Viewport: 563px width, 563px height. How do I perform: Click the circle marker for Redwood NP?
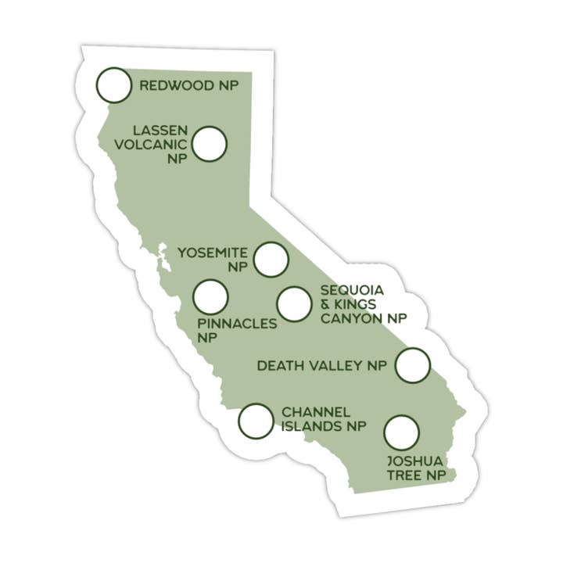tap(114, 86)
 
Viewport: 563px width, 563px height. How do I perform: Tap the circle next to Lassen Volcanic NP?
tap(210, 145)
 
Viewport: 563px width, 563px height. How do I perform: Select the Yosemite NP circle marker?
tap(271, 259)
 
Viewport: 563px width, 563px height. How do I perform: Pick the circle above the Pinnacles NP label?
tap(210, 297)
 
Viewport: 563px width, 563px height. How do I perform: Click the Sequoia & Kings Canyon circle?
tap(294, 304)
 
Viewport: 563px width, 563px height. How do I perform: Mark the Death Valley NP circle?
tap(413, 365)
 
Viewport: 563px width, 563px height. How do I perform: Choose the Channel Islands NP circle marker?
tap(256, 421)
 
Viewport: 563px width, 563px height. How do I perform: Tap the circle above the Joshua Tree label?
tap(401, 432)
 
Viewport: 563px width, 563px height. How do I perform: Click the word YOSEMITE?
tap(213, 253)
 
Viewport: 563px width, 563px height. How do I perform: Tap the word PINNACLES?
tap(237, 324)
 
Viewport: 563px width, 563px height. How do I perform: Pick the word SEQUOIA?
tap(352, 289)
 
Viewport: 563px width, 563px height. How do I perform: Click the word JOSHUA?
tap(414, 461)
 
